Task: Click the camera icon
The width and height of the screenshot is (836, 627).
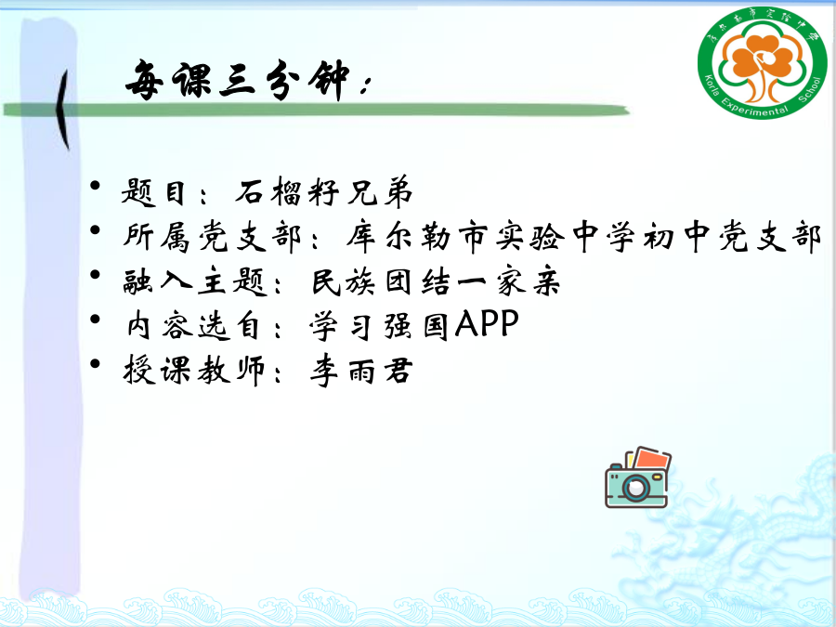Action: pyautogui.click(x=637, y=477)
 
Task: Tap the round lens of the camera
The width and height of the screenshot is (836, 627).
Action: pyautogui.click(x=635, y=488)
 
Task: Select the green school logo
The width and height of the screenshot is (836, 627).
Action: pyautogui.click(x=762, y=62)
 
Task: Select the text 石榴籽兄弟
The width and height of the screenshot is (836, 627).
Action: pyautogui.click(x=324, y=190)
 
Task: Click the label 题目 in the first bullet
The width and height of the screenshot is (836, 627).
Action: pyautogui.click(x=153, y=192)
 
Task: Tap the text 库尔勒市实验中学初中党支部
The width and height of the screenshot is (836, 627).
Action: pyautogui.click(x=584, y=236)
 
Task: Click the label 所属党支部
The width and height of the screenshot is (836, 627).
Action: pyautogui.click(x=213, y=236)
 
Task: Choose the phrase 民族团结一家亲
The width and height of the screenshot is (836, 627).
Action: pyautogui.click(x=437, y=281)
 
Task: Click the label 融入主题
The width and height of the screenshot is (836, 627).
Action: pyautogui.click(x=195, y=281)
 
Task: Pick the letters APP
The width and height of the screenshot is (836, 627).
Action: pyautogui.click(x=487, y=323)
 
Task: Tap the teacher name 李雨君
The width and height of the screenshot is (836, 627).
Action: pyautogui.click(x=361, y=371)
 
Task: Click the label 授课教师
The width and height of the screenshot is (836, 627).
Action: pyautogui.click(x=194, y=370)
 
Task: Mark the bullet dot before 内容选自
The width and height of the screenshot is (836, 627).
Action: pyautogui.click(x=96, y=319)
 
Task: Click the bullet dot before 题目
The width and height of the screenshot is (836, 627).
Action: pyautogui.click(x=96, y=186)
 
